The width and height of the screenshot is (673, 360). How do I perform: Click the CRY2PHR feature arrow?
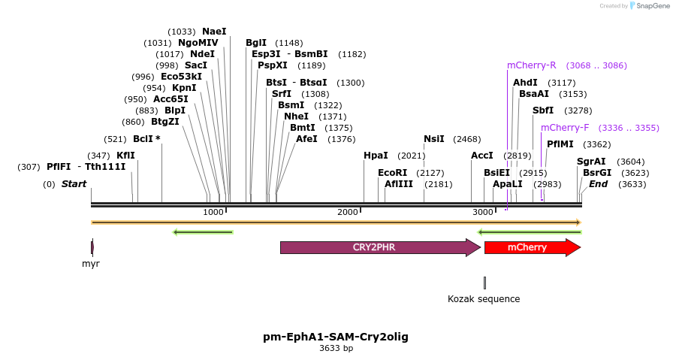(x=379, y=247)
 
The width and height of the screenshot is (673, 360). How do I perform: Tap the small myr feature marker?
(x=92, y=247)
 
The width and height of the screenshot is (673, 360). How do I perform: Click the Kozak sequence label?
(x=484, y=299)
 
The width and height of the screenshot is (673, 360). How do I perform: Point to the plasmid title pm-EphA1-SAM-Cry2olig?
(x=336, y=337)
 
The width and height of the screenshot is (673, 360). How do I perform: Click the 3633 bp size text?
(x=336, y=348)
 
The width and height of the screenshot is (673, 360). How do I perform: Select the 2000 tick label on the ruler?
(x=348, y=213)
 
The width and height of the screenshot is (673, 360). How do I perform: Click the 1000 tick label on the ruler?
(x=213, y=213)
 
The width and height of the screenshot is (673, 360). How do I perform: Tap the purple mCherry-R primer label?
(x=532, y=65)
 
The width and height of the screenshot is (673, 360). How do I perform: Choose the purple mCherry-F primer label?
(x=565, y=128)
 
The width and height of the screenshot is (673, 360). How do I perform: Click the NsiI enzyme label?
(x=434, y=139)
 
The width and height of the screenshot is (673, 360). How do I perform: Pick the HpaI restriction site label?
(x=376, y=156)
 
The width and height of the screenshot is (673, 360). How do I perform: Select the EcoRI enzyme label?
(x=392, y=173)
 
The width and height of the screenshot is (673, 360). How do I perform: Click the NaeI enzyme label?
(x=214, y=32)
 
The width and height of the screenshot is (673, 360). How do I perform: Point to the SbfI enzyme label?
(x=543, y=110)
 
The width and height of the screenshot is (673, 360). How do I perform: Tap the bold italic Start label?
(x=74, y=184)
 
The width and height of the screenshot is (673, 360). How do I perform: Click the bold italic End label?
(x=599, y=184)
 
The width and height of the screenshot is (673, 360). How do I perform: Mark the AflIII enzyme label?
(x=399, y=184)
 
